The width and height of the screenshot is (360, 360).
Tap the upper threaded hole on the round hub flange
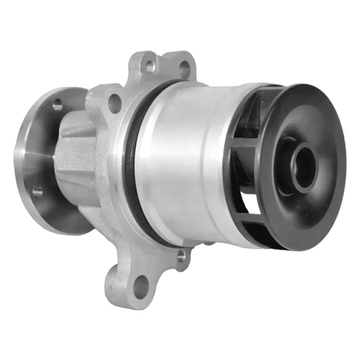[58, 106]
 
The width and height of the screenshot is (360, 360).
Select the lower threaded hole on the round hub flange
[38, 191]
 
